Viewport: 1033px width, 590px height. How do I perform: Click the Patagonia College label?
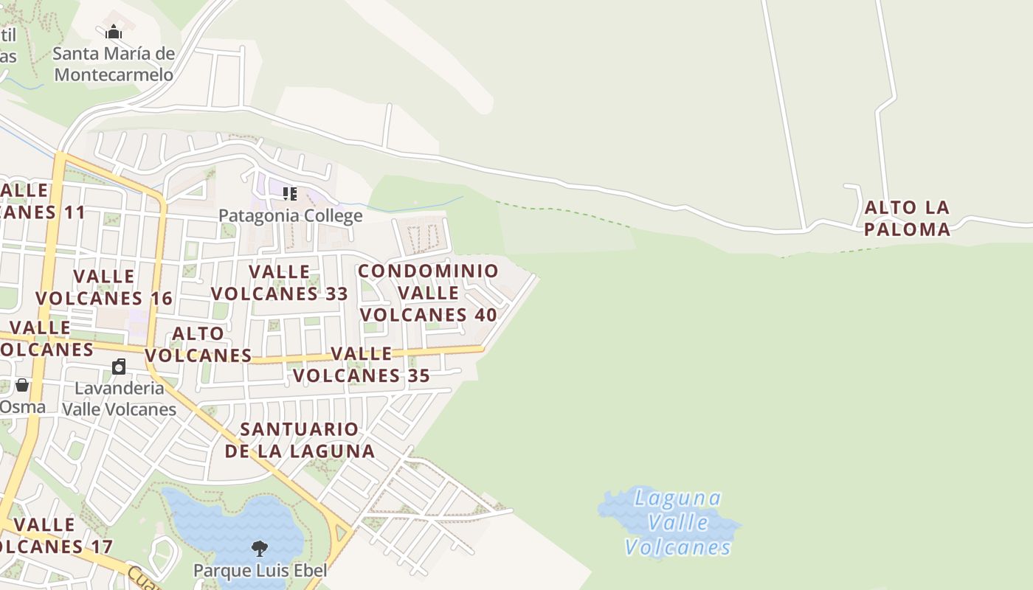tap(290, 215)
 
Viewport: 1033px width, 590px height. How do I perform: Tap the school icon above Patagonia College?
tap(290, 194)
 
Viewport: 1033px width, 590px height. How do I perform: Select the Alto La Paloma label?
tap(907, 218)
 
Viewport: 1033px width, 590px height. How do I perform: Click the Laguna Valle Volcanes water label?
tap(678, 522)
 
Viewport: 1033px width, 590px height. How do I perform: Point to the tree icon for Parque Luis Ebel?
tap(259, 548)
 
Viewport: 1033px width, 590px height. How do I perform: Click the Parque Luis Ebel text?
tap(260, 570)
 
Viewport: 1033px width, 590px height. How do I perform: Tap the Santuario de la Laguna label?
tap(300, 440)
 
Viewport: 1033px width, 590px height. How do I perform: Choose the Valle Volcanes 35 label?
tap(362, 364)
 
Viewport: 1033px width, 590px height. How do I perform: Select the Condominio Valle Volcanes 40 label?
tap(428, 293)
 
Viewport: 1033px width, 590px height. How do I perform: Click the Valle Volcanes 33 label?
tap(280, 282)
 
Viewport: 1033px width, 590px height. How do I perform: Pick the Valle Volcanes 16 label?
tap(104, 287)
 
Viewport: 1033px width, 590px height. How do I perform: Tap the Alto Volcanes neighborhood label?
tap(198, 344)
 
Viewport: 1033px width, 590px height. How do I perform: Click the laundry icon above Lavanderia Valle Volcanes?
tap(119, 367)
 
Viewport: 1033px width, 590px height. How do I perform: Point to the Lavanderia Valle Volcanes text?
tap(119, 398)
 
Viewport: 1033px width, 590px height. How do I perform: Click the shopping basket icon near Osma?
tap(22, 385)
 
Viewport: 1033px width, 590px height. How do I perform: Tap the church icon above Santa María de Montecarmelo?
tap(114, 32)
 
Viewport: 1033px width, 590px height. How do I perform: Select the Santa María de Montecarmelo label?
tap(114, 64)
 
